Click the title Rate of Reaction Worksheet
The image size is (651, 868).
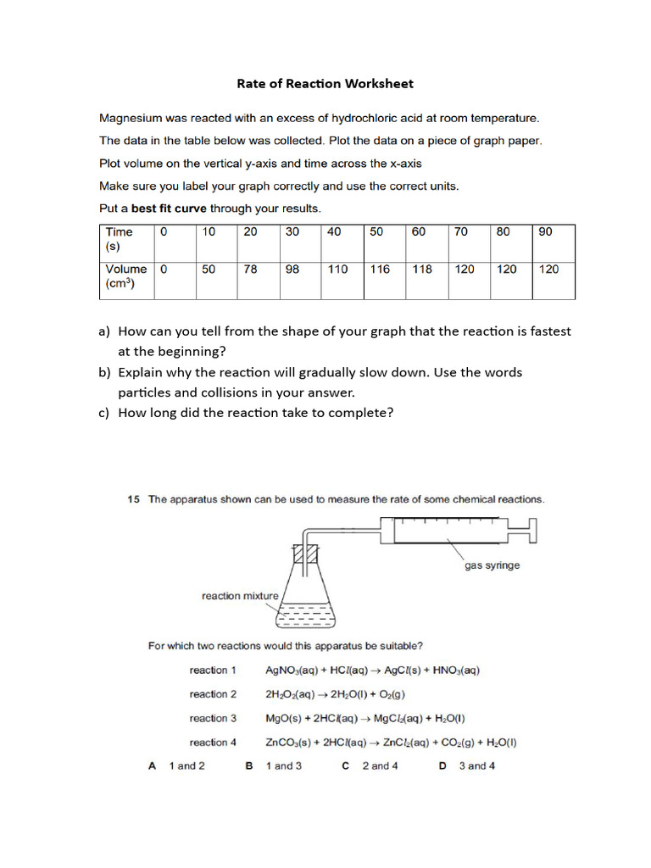click(x=325, y=83)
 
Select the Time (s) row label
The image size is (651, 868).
click(x=119, y=238)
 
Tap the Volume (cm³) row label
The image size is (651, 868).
click(x=125, y=276)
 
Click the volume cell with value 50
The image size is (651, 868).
click(x=209, y=269)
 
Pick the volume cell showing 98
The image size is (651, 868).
click(x=292, y=269)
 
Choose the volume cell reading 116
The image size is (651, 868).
click(x=380, y=269)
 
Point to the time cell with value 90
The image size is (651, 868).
click(x=545, y=231)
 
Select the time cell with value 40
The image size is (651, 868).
click(x=335, y=231)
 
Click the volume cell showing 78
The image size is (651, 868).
click(x=251, y=269)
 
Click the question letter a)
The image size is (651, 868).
click(x=105, y=331)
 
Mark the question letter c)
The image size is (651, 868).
click(x=105, y=413)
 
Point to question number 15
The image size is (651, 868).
click(x=133, y=499)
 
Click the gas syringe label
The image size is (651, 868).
click(x=492, y=565)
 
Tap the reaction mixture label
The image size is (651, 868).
click(x=240, y=596)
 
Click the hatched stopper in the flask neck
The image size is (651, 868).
click(x=305, y=555)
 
